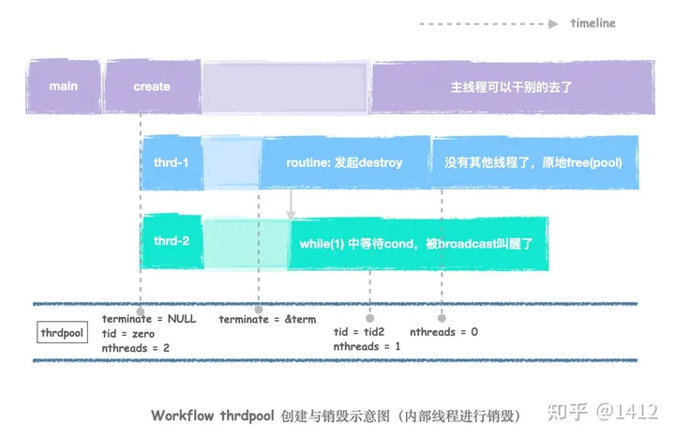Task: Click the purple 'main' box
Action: point(63,86)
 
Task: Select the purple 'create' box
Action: point(152,86)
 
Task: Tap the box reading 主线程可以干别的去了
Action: point(511,86)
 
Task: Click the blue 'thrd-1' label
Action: point(172,163)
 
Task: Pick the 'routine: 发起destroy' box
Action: point(344,163)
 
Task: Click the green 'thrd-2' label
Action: point(172,241)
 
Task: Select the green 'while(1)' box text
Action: point(416,244)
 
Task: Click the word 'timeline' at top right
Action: point(592,23)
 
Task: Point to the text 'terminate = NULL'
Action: point(148,319)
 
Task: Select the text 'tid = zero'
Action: point(128,334)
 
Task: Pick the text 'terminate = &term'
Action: point(267,319)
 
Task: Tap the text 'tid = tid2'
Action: point(361,332)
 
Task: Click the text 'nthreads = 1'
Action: point(367,347)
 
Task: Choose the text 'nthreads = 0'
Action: point(444,332)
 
